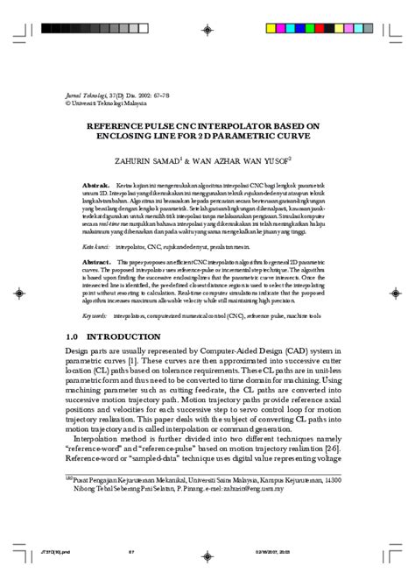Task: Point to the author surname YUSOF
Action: pyautogui.click(x=295, y=161)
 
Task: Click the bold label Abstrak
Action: pyautogui.click(x=95, y=187)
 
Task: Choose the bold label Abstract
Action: pyautogui.click(x=96, y=261)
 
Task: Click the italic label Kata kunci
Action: pyautogui.click(x=97, y=247)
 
